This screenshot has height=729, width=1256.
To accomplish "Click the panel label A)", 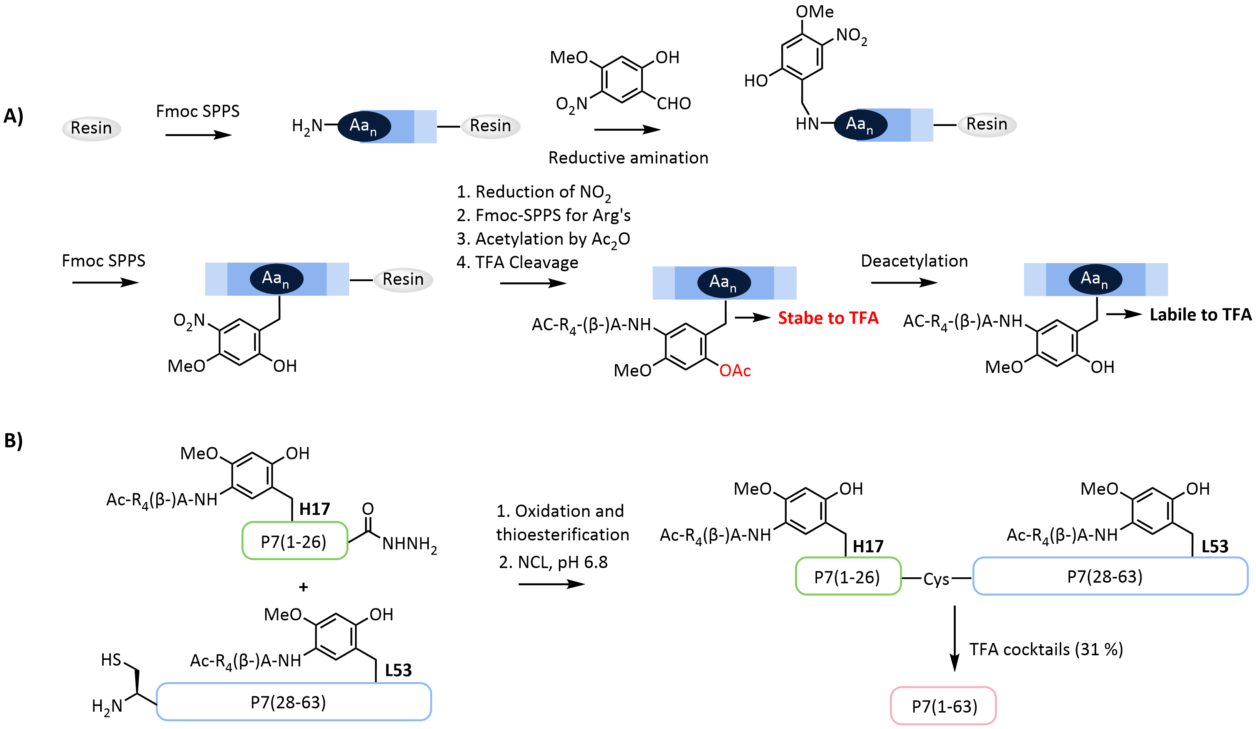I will click(x=13, y=116).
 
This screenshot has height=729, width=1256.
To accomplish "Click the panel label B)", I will click(x=13, y=441).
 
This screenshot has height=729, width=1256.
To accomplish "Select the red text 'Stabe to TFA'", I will click(x=828, y=318).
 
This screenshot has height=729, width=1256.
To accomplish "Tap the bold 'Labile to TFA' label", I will click(x=1200, y=315).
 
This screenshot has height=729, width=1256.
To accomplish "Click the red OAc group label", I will click(x=735, y=371).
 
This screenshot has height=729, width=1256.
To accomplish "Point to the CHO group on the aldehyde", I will click(x=673, y=104).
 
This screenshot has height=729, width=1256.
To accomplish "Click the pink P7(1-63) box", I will click(x=943, y=706).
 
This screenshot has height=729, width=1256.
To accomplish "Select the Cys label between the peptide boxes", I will click(x=936, y=579).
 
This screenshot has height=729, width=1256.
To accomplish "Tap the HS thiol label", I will click(x=111, y=660).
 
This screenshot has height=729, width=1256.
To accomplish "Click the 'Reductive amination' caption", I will click(x=628, y=158).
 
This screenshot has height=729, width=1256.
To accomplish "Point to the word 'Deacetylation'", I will click(x=914, y=261).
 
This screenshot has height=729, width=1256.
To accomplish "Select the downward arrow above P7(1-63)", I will click(x=954, y=638).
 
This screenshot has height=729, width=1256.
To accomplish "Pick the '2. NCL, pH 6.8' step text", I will click(x=553, y=562).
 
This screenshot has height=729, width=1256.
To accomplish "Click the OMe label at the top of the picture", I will click(x=814, y=12).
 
